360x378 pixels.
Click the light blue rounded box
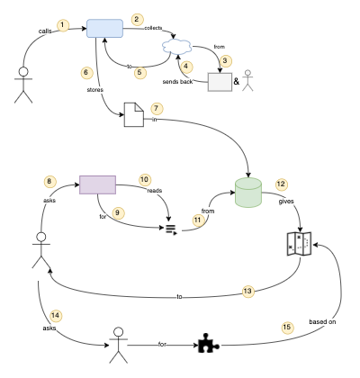point(104,28)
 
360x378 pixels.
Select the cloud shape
point(178,47)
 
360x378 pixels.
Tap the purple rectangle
point(97,184)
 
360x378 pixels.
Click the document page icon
point(133,115)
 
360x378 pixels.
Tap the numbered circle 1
point(62,23)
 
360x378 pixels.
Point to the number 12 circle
point(282,184)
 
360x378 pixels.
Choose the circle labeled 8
point(50,182)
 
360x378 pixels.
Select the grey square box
point(220,81)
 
